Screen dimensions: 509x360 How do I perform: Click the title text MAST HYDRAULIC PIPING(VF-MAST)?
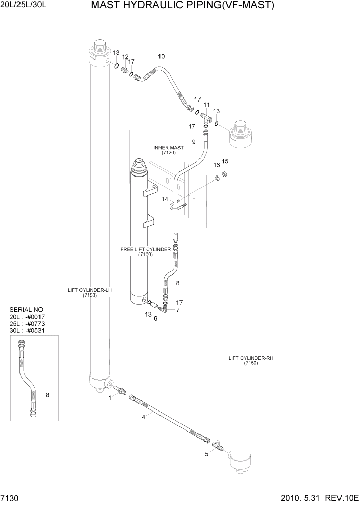pos(183,6)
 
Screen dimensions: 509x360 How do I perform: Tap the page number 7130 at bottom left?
pos(10,500)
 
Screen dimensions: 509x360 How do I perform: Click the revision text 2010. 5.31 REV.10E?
pos(319,500)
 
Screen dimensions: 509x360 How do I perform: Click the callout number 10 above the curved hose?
pos(161,56)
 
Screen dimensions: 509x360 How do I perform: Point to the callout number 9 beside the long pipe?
pos(194,142)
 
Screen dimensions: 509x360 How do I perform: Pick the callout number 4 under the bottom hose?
pos(144,417)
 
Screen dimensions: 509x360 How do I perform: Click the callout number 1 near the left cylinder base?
pos(109,397)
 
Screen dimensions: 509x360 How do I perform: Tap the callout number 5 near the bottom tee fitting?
pos(207,454)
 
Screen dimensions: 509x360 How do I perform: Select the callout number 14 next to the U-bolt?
pos(165,199)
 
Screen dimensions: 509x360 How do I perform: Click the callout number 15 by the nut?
pos(225,162)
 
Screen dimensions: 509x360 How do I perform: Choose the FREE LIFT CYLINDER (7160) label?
pos(145,252)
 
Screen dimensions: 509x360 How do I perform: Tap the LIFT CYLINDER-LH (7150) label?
pos(90,293)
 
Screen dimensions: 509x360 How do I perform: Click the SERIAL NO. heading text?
pos(27,310)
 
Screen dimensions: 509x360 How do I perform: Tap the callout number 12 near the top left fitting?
pos(125,57)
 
